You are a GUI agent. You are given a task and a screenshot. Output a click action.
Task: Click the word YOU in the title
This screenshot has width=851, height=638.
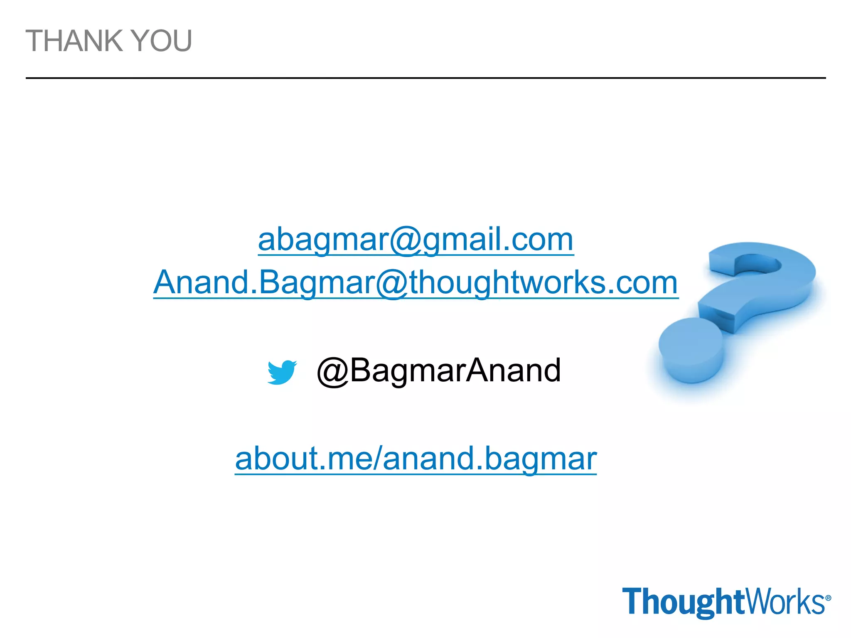click(162, 41)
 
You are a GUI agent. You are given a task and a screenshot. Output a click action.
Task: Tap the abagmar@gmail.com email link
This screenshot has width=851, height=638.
click(416, 240)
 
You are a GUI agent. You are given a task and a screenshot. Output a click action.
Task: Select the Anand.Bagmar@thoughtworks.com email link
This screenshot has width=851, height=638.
click(416, 282)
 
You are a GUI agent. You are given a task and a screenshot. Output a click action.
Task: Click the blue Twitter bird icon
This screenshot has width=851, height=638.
click(282, 372)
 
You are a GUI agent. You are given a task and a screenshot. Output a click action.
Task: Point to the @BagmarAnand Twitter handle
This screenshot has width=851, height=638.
click(438, 370)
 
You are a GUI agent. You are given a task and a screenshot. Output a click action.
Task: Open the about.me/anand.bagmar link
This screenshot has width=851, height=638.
click(416, 459)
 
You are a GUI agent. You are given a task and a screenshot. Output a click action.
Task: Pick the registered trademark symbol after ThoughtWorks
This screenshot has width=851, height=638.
click(828, 598)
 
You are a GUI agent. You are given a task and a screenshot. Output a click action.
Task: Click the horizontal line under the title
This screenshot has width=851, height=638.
click(425, 78)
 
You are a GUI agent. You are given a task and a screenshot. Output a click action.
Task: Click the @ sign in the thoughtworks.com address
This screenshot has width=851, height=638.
click(393, 283)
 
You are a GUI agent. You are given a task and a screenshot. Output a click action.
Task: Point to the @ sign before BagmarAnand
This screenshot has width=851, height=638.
click(332, 371)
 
